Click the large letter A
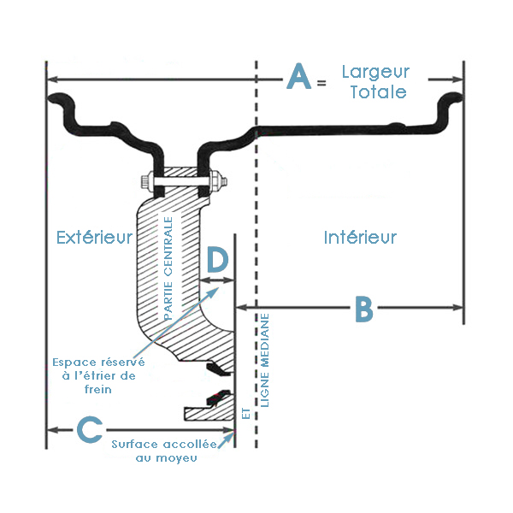298,78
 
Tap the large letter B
364,309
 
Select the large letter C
91,429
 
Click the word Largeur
375,72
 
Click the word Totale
377,91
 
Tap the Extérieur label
94,237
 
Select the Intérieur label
360,237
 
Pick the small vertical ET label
246,412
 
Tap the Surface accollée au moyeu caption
166,451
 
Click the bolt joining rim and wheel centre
180,182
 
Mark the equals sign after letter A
321,83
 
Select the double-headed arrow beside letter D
216,280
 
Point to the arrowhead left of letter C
50,429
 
